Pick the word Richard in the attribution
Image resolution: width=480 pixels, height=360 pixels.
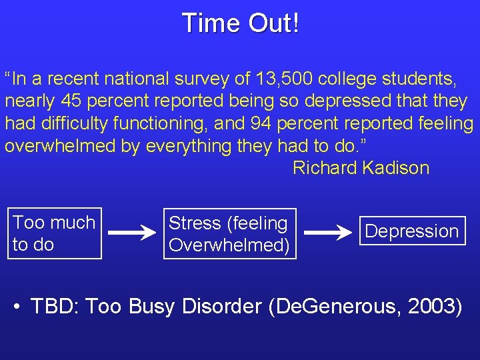(325, 168)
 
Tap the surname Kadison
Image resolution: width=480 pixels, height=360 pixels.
(396, 168)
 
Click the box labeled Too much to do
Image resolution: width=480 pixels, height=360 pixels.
(55, 233)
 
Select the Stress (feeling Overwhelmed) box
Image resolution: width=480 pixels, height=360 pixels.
(229, 233)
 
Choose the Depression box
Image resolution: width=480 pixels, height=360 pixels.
(412, 231)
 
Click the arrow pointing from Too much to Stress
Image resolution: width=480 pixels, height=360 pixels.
(133, 233)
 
